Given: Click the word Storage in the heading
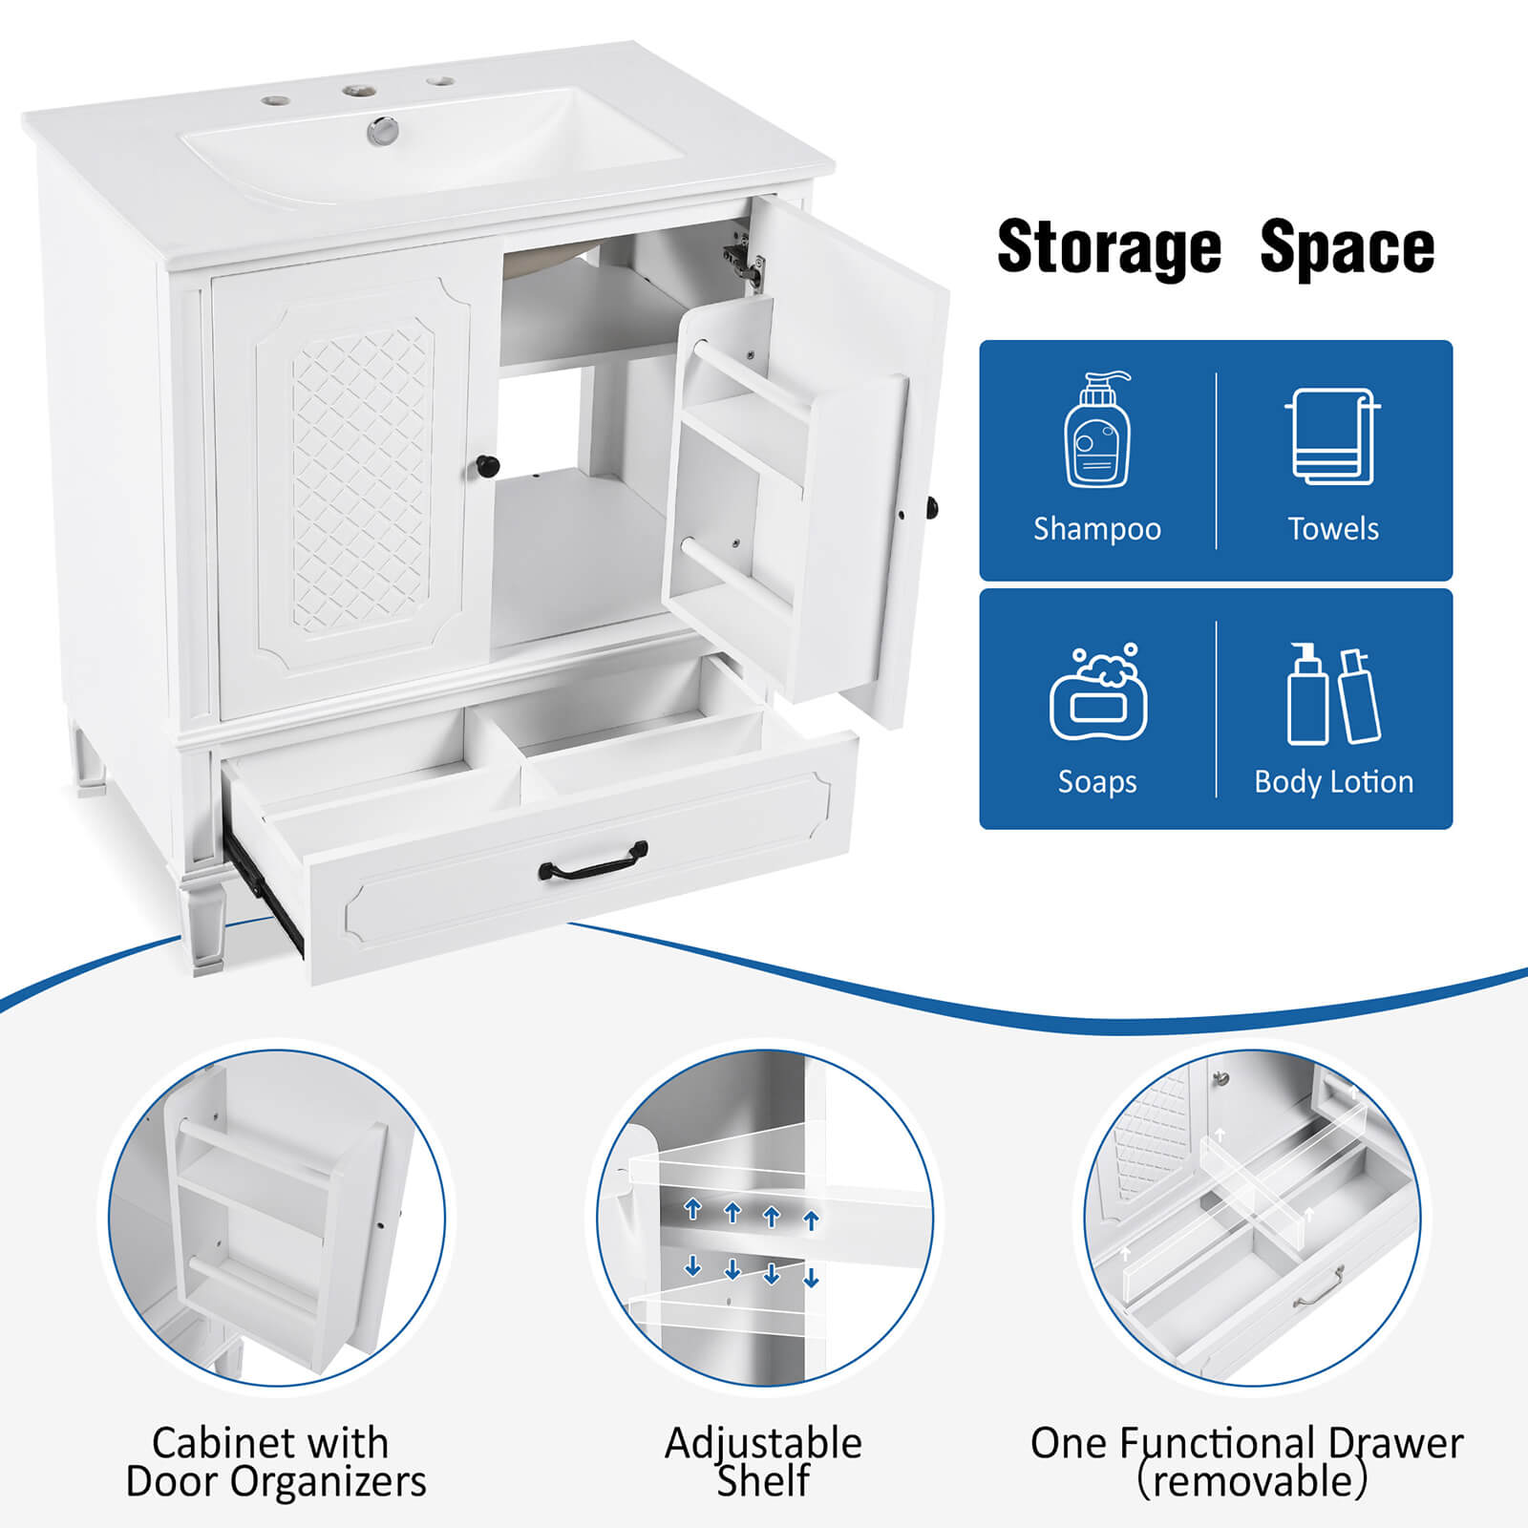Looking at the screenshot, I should [x=1109, y=248].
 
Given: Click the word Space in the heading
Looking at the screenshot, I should [x=1347, y=248].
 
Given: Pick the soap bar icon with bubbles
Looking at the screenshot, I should [x=1098, y=694].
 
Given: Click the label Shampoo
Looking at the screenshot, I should [x=1097, y=529].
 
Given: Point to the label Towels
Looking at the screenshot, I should [x=1333, y=529].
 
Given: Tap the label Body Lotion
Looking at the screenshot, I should [x=1333, y=782].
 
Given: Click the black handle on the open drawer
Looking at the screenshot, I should [x=593, y=862].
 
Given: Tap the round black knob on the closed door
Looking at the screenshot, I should [x=487, y=467].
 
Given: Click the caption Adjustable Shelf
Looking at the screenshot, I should [x=763, y=1461].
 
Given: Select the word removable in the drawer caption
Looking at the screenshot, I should [x=1252, y=1482].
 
